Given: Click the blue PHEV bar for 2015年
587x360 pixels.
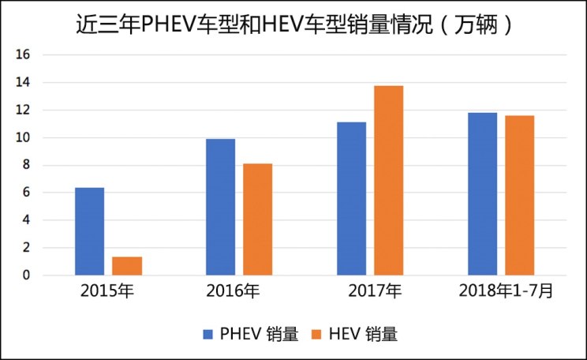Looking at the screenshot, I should point(89,231).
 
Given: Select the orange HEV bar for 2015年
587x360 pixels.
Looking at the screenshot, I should point(127,266).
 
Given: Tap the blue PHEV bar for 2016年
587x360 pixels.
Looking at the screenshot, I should point(220,207).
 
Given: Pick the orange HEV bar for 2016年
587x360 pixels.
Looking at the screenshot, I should point(258,219).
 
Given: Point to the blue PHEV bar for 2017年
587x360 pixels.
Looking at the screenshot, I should point(351,199).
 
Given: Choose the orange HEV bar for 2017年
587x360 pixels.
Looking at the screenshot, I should point(389,181).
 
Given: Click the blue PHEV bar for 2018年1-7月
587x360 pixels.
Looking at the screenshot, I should point(482,194).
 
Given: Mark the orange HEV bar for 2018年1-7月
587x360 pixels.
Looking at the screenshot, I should point(520,196).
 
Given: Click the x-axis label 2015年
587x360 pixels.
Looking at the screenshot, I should point(107,291).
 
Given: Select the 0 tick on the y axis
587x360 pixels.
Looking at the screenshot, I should point(26,276).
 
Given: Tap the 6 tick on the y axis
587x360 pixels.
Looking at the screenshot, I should point(26,193).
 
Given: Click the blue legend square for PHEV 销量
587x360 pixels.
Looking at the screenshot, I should point(209,334).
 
